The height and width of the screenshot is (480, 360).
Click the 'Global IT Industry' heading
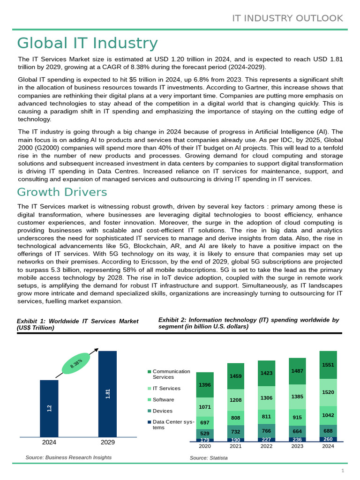coord(87,43)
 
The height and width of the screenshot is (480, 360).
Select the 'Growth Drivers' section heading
coord(62,192)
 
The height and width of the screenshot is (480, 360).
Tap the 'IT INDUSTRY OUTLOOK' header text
coord(288,18)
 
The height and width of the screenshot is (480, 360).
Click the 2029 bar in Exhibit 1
coord(107,394)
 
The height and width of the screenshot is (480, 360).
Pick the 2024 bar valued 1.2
coord(49,408)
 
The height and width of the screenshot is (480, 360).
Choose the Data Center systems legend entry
coord(171,425)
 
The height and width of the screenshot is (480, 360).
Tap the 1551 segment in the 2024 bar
coord(328,365)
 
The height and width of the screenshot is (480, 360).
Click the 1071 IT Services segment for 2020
coord(205,407)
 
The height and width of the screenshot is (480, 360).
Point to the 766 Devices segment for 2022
coord(266,431)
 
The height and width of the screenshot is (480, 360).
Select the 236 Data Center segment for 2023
coord(297,440)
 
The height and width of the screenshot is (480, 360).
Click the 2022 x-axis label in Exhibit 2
coord(266,446)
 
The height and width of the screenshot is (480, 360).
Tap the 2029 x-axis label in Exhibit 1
coord(107,442)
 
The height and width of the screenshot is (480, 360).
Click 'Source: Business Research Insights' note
coord(68,457)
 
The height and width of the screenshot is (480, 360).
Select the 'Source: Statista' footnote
coord(209,457)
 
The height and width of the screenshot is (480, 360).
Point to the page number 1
coord(343,471)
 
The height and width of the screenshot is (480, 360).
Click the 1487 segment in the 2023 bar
coord(297,371)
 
